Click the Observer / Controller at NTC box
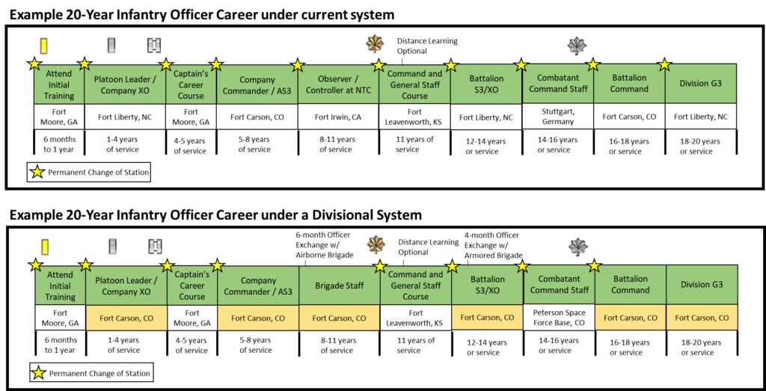coord(338,85)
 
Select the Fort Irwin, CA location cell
coord(338,117)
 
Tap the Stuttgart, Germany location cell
coord(558,116)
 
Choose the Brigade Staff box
coord(339,286)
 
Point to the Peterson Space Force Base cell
coord(559,317)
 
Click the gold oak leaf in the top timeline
coord(373,44)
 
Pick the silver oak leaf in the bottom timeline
coord(579,247)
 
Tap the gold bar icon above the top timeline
coord(44,46)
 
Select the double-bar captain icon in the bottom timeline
coord(156,247)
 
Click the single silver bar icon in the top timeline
coord(112,46)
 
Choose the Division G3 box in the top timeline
coord(700,84)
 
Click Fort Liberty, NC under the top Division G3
coord(700,117)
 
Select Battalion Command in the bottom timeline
coord(630,285)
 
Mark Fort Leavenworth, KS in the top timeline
coord(414,117)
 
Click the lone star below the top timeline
coord(37,172)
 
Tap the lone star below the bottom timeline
coord(38,372)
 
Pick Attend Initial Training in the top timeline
coord(59,85)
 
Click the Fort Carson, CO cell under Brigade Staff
coord(339,318)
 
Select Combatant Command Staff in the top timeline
coord(558,84)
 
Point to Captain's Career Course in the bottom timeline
coord(191,286)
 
